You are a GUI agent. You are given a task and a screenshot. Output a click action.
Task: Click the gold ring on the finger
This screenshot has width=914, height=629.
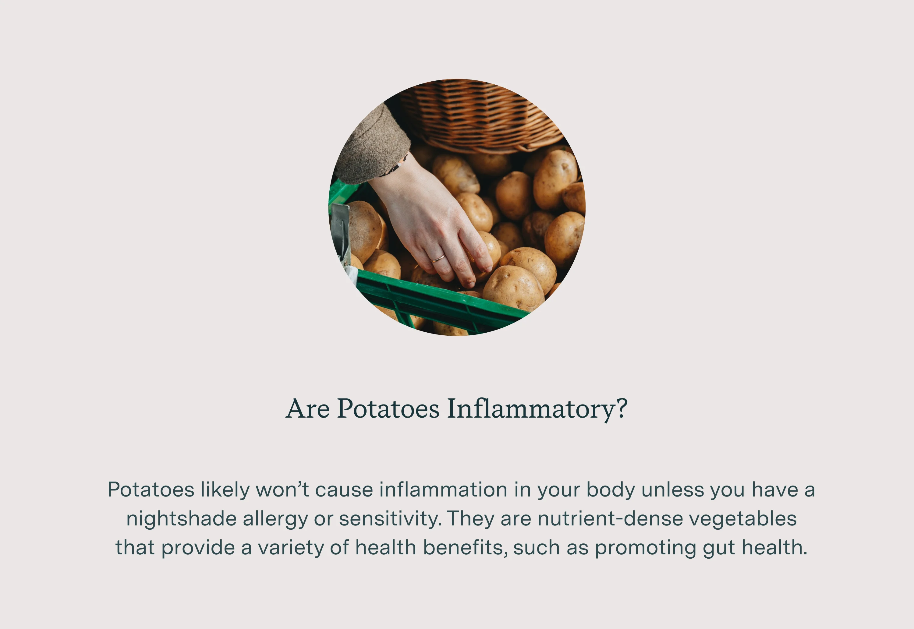tap(437, 259)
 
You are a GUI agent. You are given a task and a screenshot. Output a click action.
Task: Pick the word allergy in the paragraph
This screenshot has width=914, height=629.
tap(275, 519)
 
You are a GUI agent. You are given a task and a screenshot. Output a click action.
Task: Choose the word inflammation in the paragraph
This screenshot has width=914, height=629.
tap(443, 490)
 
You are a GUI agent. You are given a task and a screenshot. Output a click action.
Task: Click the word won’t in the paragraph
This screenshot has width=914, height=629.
tap(282, 490)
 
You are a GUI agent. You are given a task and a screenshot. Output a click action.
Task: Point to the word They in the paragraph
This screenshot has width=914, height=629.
tap(470, 519)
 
